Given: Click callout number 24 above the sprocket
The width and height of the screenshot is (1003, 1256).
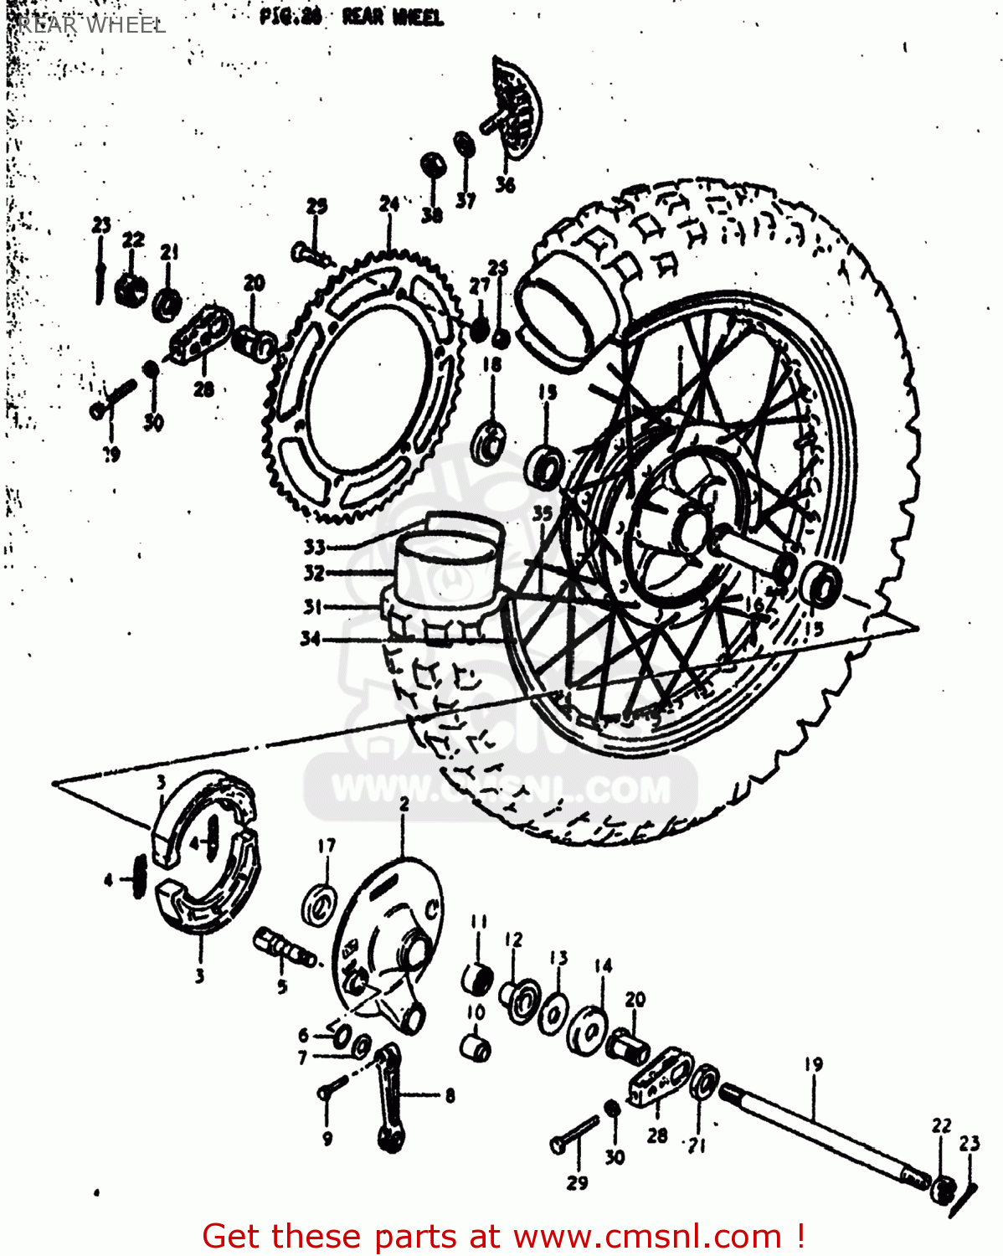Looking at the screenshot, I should click(x=388, y=204).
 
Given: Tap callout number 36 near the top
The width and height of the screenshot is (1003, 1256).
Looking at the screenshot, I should click(x=505, y=184).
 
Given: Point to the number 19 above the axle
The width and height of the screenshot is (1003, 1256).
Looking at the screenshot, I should click(x=813, y=1064).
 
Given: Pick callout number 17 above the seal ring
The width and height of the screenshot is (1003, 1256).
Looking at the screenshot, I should click(x=326, y=846).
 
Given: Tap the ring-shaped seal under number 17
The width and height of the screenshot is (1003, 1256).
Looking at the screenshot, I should click(x=319, y=903).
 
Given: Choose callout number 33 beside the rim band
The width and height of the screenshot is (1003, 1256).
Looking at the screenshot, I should click(x=314, y=547).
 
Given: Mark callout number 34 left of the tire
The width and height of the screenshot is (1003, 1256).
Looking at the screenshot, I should click(x=311, y=639).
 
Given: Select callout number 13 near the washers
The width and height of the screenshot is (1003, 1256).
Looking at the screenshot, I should click(x=558, y=957).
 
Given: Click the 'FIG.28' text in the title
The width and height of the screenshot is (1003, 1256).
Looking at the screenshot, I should click(x=290, y=18).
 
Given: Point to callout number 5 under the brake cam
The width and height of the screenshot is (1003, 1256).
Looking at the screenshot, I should click(x=282, y=986).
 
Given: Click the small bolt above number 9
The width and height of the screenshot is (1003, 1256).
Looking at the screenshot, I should click(x=332, y=1088).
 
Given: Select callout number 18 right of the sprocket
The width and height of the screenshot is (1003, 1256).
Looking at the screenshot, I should click(x=491, y=364).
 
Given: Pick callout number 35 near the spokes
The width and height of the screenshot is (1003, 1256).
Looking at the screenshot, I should click(x=543, y=512).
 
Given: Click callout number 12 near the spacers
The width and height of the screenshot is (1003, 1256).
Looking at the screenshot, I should click(x=513, y=939).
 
